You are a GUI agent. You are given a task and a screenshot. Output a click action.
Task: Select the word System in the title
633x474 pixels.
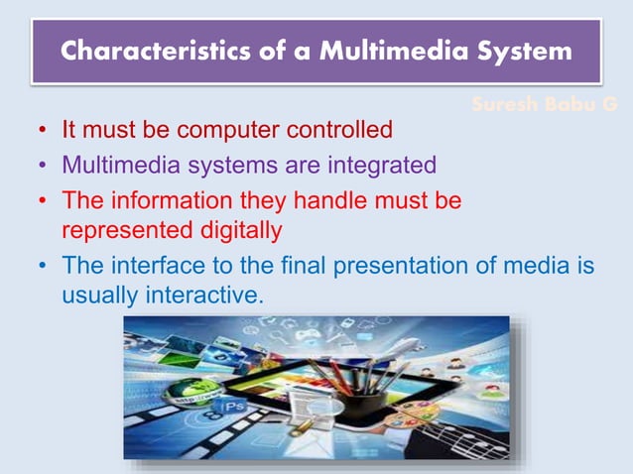(x=526, y=52)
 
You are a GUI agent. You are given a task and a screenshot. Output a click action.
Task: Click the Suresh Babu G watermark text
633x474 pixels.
(x=550, y=103)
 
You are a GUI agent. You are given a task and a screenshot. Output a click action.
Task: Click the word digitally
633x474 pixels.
(x=232, y=230)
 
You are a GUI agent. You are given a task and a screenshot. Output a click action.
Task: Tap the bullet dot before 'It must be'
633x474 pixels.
(x=44, y=131)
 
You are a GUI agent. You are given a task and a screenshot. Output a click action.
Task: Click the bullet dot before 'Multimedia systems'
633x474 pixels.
(x=44, y=166)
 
